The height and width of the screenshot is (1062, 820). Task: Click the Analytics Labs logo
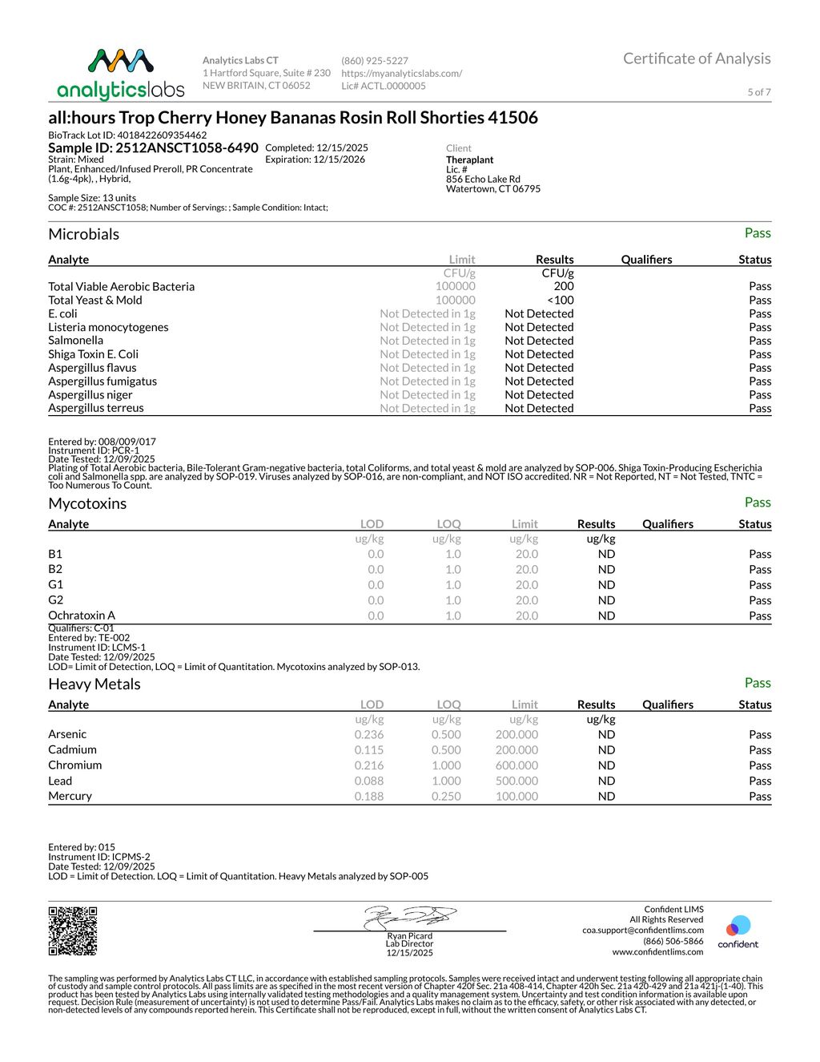tap(121, 75)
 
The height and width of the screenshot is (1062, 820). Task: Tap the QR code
tap(73, 931)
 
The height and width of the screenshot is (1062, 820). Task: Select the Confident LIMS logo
tap(738, 932)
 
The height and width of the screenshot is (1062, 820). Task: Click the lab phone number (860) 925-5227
tap(375, 61)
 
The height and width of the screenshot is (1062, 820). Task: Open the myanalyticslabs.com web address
tap(401, 73)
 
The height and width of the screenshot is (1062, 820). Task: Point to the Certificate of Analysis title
tap(697, 59)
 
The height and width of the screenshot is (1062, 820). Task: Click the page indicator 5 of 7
tap(758, 92)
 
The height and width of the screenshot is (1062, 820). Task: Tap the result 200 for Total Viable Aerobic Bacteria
tap(564, 286)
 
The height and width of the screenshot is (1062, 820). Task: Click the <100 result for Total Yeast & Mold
tap(561, 300)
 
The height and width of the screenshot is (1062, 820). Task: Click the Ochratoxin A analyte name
tap(82, 616)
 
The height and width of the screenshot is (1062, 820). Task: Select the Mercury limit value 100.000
tap(517, 796)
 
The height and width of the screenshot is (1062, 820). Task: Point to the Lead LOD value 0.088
tap(369, 781)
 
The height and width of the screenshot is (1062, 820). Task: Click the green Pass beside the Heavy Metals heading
tap(757, 683)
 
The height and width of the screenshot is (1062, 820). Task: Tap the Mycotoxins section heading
tap(87, 503)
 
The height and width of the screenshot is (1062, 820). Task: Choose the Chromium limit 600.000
tap(517, 765)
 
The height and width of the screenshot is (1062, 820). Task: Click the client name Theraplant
tap(470, 160)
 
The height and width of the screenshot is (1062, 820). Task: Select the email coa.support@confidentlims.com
tap(643, 931)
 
